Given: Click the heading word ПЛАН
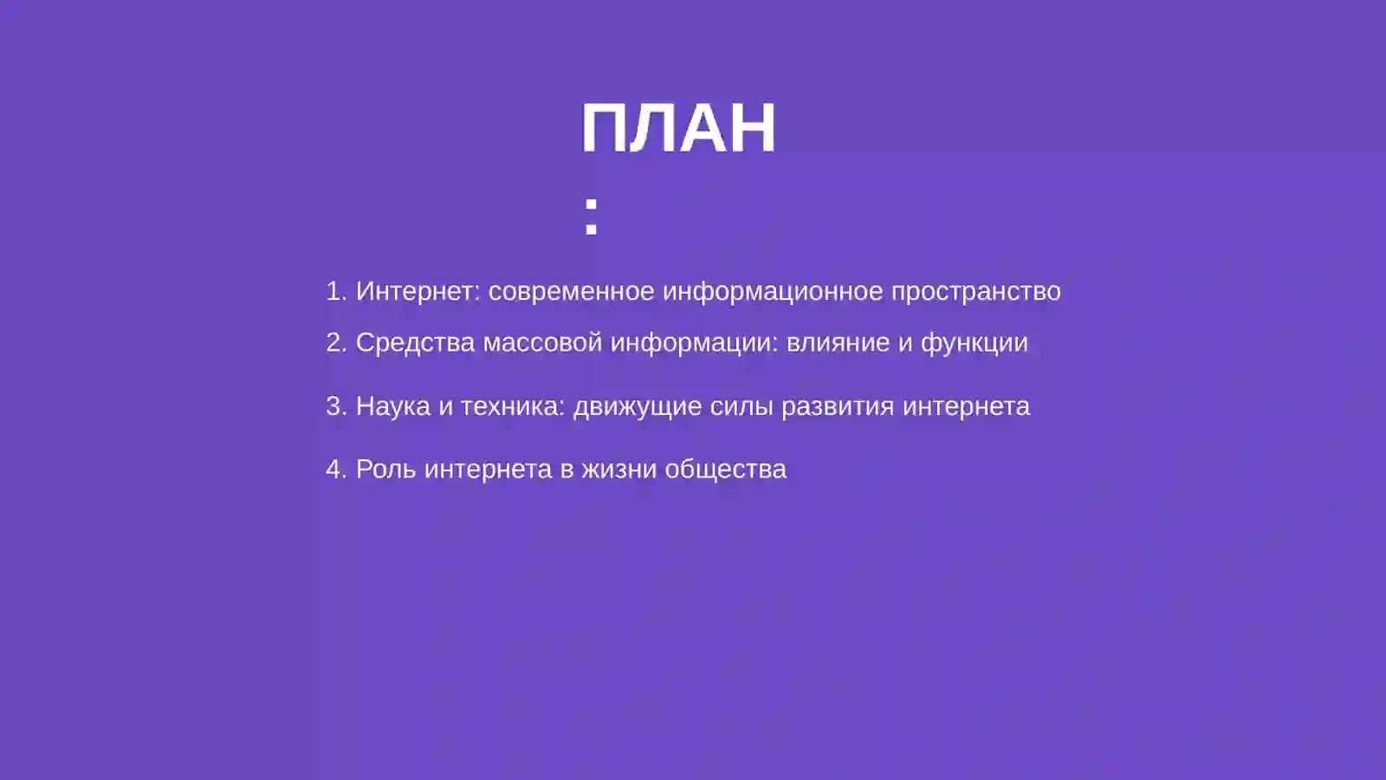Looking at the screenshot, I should pos(678,128).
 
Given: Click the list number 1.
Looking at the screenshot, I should pos(335,291).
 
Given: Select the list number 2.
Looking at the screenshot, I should pos(335,342).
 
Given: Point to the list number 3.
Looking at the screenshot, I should pos(335,406).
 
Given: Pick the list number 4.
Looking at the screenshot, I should pos(335,469).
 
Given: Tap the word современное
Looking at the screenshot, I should pos(571,291).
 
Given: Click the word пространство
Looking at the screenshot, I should pos(976,291).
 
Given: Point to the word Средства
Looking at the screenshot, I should pos(415,342).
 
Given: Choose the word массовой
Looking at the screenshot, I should pos(542,342).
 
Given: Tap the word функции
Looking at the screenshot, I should pos(974,343).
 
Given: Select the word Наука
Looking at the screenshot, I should pos(392,406).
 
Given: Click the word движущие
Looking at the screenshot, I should pos(638,406).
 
